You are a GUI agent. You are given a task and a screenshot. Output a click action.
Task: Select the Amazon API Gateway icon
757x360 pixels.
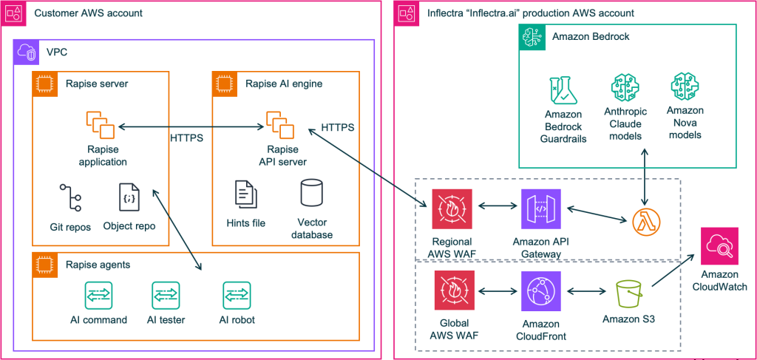coord(540,210)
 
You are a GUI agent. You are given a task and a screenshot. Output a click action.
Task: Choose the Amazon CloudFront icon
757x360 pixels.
coord(540,291)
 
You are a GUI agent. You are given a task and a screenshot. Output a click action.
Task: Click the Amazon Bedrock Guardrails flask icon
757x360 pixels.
coord(564,88)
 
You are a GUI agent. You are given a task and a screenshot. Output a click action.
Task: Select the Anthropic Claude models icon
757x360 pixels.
coord(625,88)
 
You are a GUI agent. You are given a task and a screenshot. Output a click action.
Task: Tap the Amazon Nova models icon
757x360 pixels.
coord(684,88)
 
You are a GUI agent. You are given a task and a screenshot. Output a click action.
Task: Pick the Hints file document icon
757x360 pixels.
coord(246,194)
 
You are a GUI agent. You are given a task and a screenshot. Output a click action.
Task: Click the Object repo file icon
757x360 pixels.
coord(129,197)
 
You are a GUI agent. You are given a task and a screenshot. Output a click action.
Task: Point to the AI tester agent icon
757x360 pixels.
coord(165,295)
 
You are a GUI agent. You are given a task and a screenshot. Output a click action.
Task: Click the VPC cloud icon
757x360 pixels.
coord(26,52)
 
